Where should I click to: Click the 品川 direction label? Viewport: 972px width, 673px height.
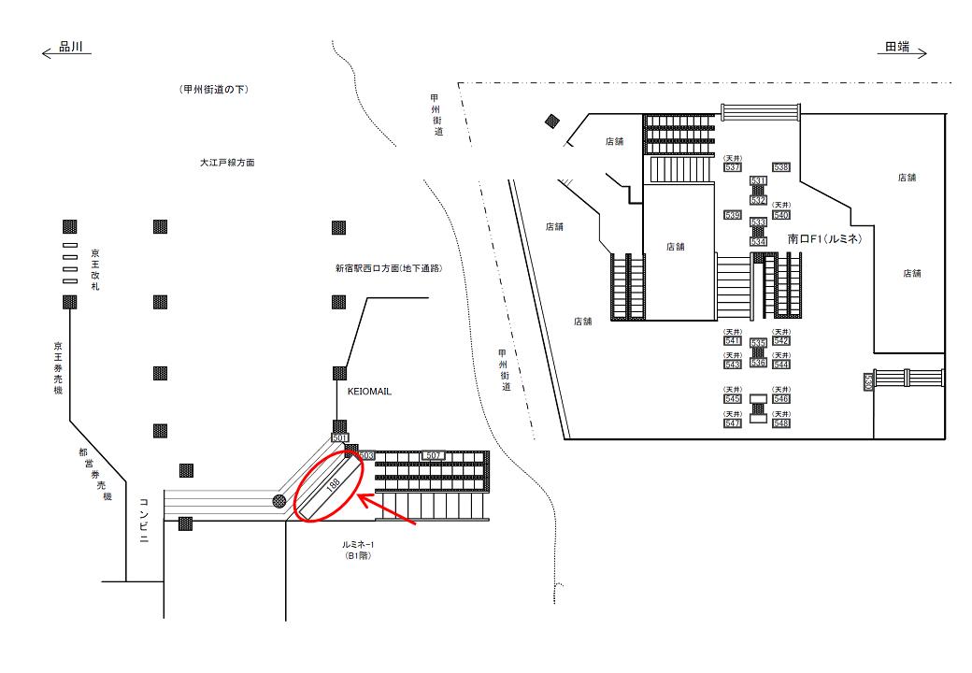pos(71,48)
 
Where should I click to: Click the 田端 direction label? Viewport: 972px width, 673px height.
pos(898,48)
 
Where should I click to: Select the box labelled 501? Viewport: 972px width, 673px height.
pos(339,437)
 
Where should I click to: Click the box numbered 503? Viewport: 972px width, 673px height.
pos(366,455)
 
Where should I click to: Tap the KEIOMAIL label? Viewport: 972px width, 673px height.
pos(369,393)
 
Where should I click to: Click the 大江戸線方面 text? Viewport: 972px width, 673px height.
pos(226,162)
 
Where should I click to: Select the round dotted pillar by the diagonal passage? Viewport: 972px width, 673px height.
pos(279,502)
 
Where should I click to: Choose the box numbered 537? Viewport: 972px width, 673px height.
pos(732,167)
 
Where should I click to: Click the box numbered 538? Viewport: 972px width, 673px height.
pos(782,167)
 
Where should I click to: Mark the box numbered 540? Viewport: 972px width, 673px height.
pos(782,215)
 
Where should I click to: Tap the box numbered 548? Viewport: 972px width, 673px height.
pos(781,423)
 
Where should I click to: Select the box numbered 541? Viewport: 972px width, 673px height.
pos(732,341)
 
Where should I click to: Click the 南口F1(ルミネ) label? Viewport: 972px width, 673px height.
pos(823,239)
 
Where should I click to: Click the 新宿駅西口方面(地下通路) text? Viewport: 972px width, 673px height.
pos(388,268)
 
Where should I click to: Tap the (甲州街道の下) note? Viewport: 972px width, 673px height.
pos(213,89)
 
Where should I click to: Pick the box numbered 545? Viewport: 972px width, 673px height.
pos(732,399)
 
